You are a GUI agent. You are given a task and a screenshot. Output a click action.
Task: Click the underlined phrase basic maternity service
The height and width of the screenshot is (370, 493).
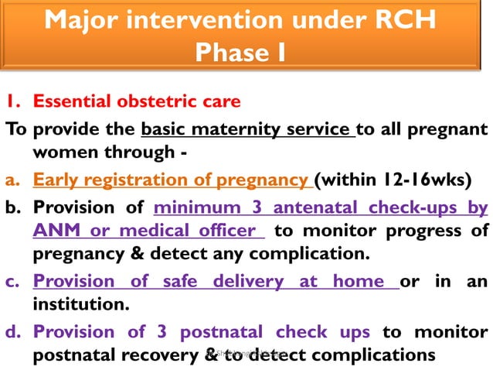247,128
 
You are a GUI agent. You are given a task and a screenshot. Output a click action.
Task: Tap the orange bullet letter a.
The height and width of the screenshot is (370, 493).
11,181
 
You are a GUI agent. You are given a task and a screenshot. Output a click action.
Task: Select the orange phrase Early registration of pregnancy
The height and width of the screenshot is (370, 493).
172,181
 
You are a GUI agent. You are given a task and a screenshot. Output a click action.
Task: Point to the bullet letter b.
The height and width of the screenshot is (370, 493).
12,208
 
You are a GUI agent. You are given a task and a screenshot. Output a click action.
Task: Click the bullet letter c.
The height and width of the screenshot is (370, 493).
11,283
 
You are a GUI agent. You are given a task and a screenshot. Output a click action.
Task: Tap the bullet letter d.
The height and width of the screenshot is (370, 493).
12,332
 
